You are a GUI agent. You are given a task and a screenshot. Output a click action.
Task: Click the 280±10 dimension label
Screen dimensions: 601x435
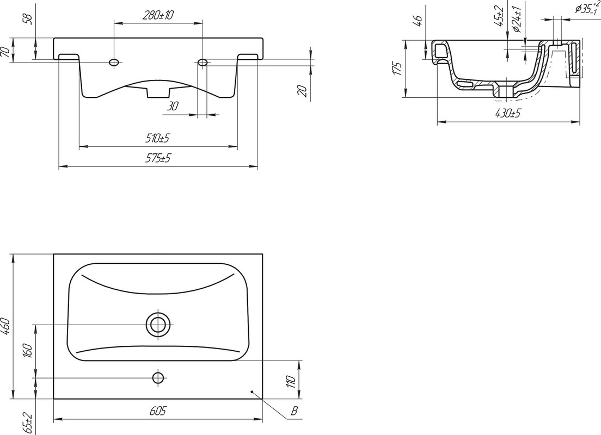158,15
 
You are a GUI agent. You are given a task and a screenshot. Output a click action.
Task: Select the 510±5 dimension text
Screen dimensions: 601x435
157,138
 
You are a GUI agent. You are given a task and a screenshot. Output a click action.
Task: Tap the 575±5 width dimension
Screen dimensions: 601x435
157,158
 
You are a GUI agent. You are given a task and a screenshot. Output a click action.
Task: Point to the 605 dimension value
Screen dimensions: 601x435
158,411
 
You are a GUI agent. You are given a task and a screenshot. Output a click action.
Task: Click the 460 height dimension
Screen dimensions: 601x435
7,326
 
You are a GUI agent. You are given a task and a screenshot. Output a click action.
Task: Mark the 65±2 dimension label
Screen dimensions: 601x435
28,422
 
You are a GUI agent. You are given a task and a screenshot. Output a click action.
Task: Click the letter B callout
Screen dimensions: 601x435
294,411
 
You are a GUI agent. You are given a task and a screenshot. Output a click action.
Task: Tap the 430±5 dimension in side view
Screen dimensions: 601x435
508,113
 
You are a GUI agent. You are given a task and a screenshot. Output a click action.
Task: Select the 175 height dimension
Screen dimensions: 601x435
398,68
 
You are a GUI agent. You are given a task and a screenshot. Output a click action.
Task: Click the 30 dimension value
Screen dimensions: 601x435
173,106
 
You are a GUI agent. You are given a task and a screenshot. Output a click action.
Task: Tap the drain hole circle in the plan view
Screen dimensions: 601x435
157,325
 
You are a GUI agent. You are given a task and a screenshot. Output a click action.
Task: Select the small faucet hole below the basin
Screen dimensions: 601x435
157,378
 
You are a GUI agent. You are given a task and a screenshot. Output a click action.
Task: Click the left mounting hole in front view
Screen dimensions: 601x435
114,62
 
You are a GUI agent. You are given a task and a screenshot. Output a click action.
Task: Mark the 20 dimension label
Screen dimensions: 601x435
303,91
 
